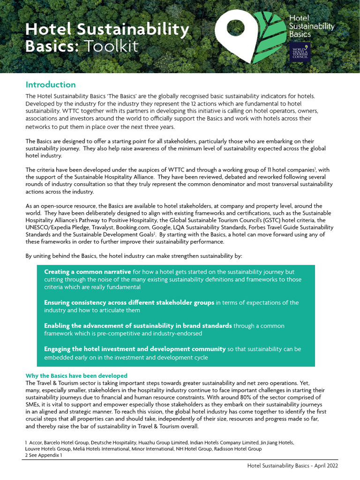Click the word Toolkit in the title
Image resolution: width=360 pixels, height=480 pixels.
111,46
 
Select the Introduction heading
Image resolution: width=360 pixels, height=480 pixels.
51,85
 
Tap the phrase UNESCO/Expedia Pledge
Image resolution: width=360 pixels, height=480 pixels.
52,227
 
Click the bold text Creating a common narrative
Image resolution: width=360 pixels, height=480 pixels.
88,272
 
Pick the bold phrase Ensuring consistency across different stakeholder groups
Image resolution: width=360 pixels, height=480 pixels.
129,303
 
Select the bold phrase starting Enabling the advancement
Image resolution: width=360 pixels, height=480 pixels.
138,326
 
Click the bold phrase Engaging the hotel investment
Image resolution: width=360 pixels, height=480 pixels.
135,349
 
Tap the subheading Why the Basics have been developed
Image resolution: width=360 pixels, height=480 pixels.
76,376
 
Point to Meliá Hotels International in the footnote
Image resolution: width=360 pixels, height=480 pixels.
94,449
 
